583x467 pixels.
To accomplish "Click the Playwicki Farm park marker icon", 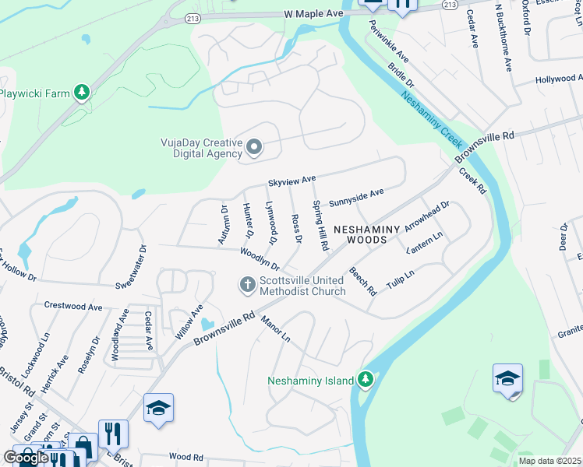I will click(81, 93).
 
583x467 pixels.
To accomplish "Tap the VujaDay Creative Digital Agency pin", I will click(253, 147).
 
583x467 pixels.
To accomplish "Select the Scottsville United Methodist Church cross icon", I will click(248, 285).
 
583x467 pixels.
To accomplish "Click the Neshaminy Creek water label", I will click(433, 122).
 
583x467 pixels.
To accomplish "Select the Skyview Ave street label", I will click(291, 181).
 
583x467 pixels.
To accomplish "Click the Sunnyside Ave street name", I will click(356, 193).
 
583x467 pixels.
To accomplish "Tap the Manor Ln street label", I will click(275, 329).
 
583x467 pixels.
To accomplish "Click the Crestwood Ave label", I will click(73, 307).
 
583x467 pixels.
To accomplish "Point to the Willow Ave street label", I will click(189, 321).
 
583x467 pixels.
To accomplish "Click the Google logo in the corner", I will click(26, 458).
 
